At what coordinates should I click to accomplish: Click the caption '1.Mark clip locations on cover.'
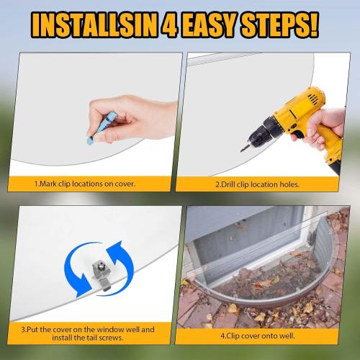85,184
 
